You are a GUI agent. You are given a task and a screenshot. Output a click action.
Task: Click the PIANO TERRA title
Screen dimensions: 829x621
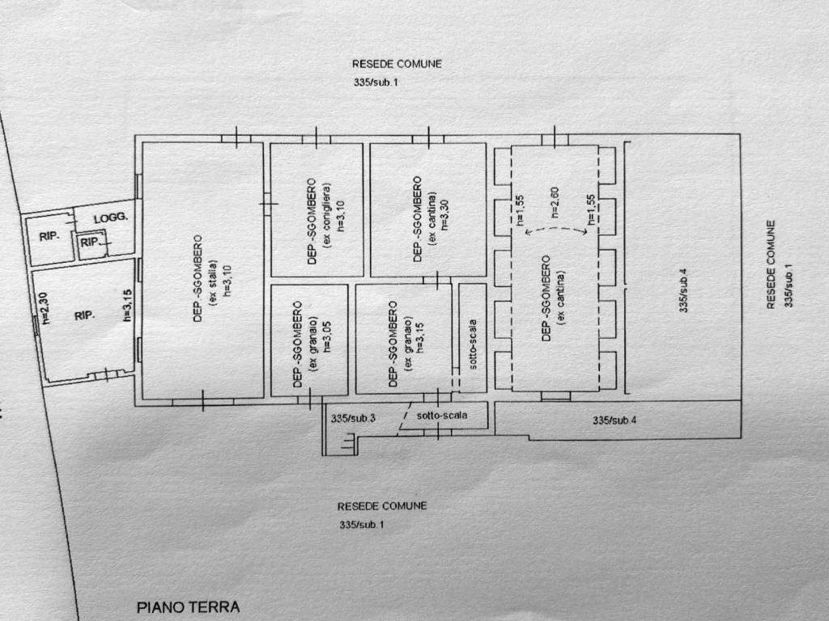coord(188,607)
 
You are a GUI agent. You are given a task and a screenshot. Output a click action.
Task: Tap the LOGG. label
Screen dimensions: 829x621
coord(111,218)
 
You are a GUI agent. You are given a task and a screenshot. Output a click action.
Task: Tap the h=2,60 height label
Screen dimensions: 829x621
coord(555,203)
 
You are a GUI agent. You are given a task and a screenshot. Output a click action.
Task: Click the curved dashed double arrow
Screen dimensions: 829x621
coord(557,228)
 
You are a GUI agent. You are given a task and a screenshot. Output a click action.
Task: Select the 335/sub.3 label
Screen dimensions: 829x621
coord(353,418)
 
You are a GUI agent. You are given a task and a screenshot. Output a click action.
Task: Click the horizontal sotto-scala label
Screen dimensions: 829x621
coord(442,416)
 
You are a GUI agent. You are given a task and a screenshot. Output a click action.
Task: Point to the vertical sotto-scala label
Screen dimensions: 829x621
coord(473,344)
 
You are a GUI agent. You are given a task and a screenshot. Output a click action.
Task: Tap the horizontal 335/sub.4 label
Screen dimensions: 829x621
coord(614,420)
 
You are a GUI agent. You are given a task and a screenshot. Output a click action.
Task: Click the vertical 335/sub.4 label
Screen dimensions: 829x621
coord(683,290)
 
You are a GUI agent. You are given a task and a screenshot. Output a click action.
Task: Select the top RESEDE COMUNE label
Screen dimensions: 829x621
coord(397,64)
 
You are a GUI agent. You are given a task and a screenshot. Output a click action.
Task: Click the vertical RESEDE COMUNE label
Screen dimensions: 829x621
coord(771,264)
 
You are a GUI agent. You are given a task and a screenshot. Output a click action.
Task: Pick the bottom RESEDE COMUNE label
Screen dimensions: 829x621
coord(382,506)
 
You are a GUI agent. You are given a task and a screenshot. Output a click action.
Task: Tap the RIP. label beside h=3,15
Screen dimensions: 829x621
coord(84,316)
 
